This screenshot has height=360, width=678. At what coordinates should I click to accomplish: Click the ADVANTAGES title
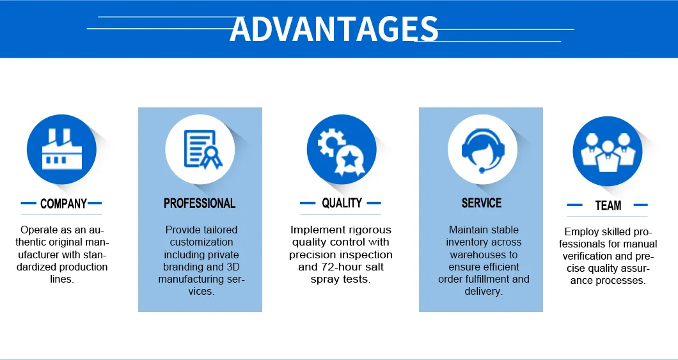tap(334, 29)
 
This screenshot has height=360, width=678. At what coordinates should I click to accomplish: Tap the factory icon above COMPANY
tap(61, 150)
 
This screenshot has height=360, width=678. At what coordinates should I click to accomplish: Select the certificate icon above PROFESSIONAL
tap(200, 149)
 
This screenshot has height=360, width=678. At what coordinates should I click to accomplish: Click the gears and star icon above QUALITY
tap(341, 150)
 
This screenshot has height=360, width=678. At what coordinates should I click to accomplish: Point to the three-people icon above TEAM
tap(607, 151)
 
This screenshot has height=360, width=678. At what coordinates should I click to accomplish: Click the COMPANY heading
tap(63, 204)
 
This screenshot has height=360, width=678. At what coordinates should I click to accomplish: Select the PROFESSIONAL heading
tap(200, 203)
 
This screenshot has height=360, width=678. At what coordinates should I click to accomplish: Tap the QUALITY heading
tap(342, 203)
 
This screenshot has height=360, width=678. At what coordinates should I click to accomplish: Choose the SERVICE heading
tap(481, 203)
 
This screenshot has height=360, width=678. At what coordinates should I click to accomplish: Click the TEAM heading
tap(608, 205)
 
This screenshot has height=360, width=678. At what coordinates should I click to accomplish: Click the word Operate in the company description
tap(40, 230)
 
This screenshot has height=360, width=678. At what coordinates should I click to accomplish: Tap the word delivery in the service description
tap(483, 292)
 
